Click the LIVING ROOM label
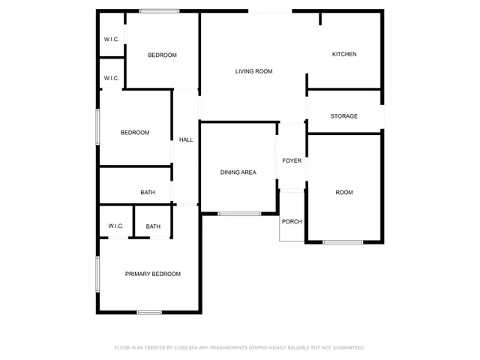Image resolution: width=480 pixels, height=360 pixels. tap(253, 71)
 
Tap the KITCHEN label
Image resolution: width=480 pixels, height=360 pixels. tap(344, 54)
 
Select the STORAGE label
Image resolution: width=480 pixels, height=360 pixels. tap(344, 116)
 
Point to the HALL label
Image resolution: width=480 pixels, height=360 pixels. tap(186, 139)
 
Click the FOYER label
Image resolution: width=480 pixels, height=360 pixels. tap(292, 160)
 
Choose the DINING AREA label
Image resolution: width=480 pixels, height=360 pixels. tap(238, 172)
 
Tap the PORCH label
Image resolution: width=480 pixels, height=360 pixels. tap(292, 221)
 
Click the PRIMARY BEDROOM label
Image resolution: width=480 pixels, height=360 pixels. tap(152, 274)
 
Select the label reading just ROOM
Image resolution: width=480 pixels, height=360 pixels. tap(344, 193)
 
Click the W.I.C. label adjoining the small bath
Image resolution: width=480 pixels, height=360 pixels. tap(115, 226)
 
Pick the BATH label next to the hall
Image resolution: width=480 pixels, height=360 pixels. tap(148, 193)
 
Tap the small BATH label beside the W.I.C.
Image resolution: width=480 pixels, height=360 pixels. tap(153, 226)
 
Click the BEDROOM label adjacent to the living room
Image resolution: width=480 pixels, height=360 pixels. tap(162, 55)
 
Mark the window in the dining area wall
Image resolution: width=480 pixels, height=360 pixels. tap(239, 214)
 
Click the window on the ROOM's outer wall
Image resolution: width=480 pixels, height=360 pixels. tap(343, 241)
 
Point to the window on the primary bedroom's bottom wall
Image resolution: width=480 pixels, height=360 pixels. tap(149, 312)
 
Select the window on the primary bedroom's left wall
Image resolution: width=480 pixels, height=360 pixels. tap(97, 274)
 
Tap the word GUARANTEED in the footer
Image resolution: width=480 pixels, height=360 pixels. tap(347, 348)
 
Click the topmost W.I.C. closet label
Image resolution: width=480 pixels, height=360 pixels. tap(112, 40)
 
